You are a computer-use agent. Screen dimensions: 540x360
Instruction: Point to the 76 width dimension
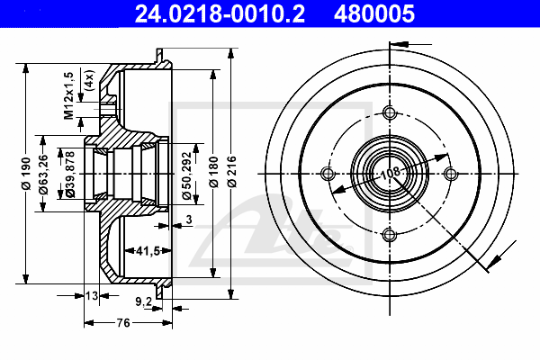tap(123, 321)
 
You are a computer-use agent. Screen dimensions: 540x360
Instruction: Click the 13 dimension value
tap(91, 295)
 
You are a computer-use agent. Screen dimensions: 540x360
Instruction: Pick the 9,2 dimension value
tap(141, 302)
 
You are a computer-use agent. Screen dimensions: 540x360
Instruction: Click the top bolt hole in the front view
tap(390, 113)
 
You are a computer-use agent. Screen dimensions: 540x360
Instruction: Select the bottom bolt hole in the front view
tap(390, 236)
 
